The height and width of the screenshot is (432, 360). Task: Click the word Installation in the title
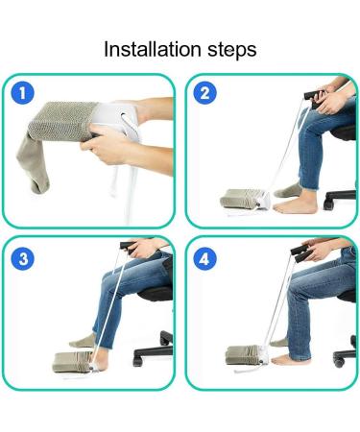(x=149, y=49)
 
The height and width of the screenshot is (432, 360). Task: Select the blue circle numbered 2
(x=204, y=94)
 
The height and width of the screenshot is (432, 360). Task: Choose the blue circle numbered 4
(x=204, y=258)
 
